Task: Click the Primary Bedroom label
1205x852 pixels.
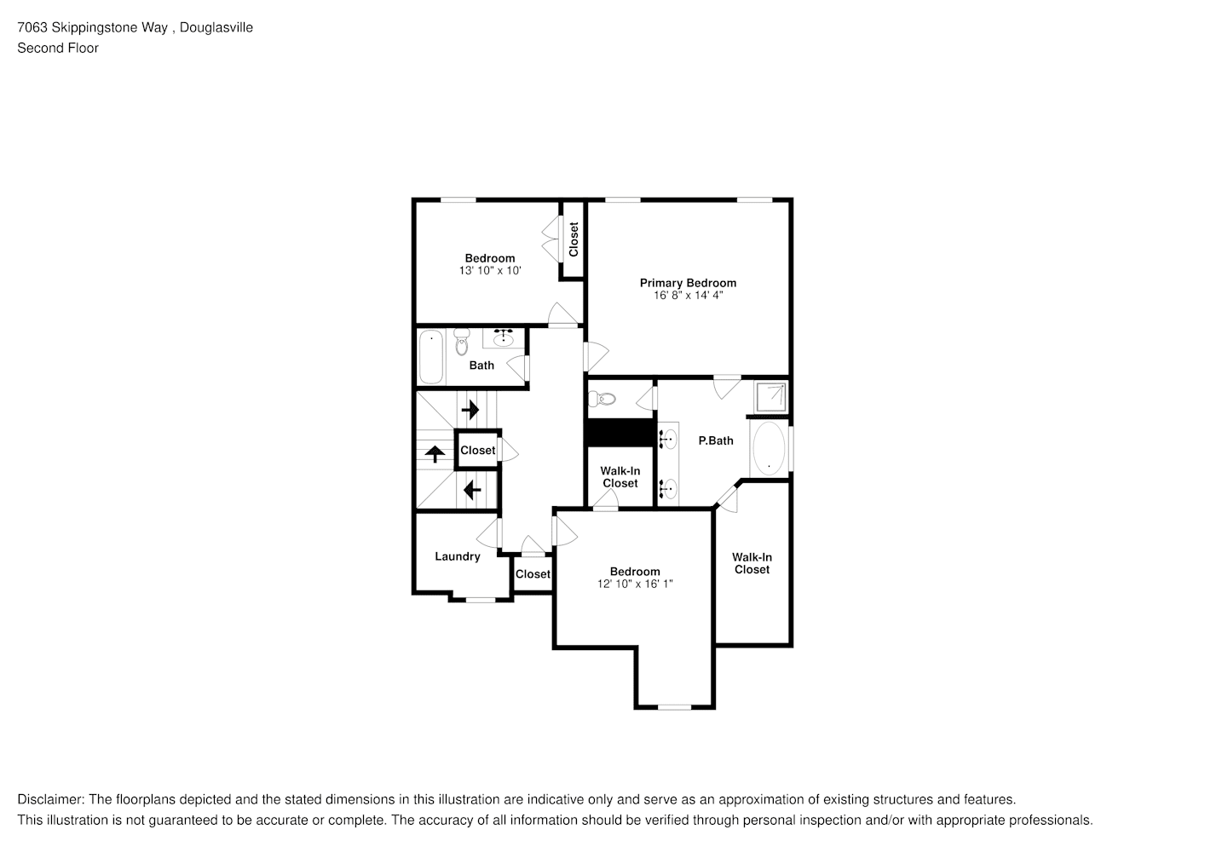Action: coord(688,283)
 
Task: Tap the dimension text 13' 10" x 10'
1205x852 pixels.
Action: coord(490,270)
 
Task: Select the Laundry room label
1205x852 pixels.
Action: coord(458,556)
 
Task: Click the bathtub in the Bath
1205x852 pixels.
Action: coord(431,356)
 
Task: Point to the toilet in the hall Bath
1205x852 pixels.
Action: coord(462,341)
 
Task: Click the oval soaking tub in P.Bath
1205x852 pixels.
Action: coord(770,448)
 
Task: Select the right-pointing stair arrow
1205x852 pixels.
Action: coord(470,411)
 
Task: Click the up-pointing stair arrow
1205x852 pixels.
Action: coord(435,453)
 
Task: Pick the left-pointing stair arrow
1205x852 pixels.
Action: coord(470,491)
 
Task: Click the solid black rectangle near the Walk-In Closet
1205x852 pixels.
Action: coord(620,432)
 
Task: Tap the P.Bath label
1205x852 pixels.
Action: coord(716,440)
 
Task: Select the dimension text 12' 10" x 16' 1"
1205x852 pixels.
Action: coord(635,584)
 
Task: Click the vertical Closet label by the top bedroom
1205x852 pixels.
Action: coord(574,239)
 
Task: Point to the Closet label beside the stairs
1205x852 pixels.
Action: coord(477,450)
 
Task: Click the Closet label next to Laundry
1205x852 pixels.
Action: coord(533,574)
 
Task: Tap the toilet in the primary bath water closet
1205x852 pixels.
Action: coord(602,398)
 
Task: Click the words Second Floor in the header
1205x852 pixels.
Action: coord(58,48)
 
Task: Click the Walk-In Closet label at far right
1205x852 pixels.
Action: coord(752,563)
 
